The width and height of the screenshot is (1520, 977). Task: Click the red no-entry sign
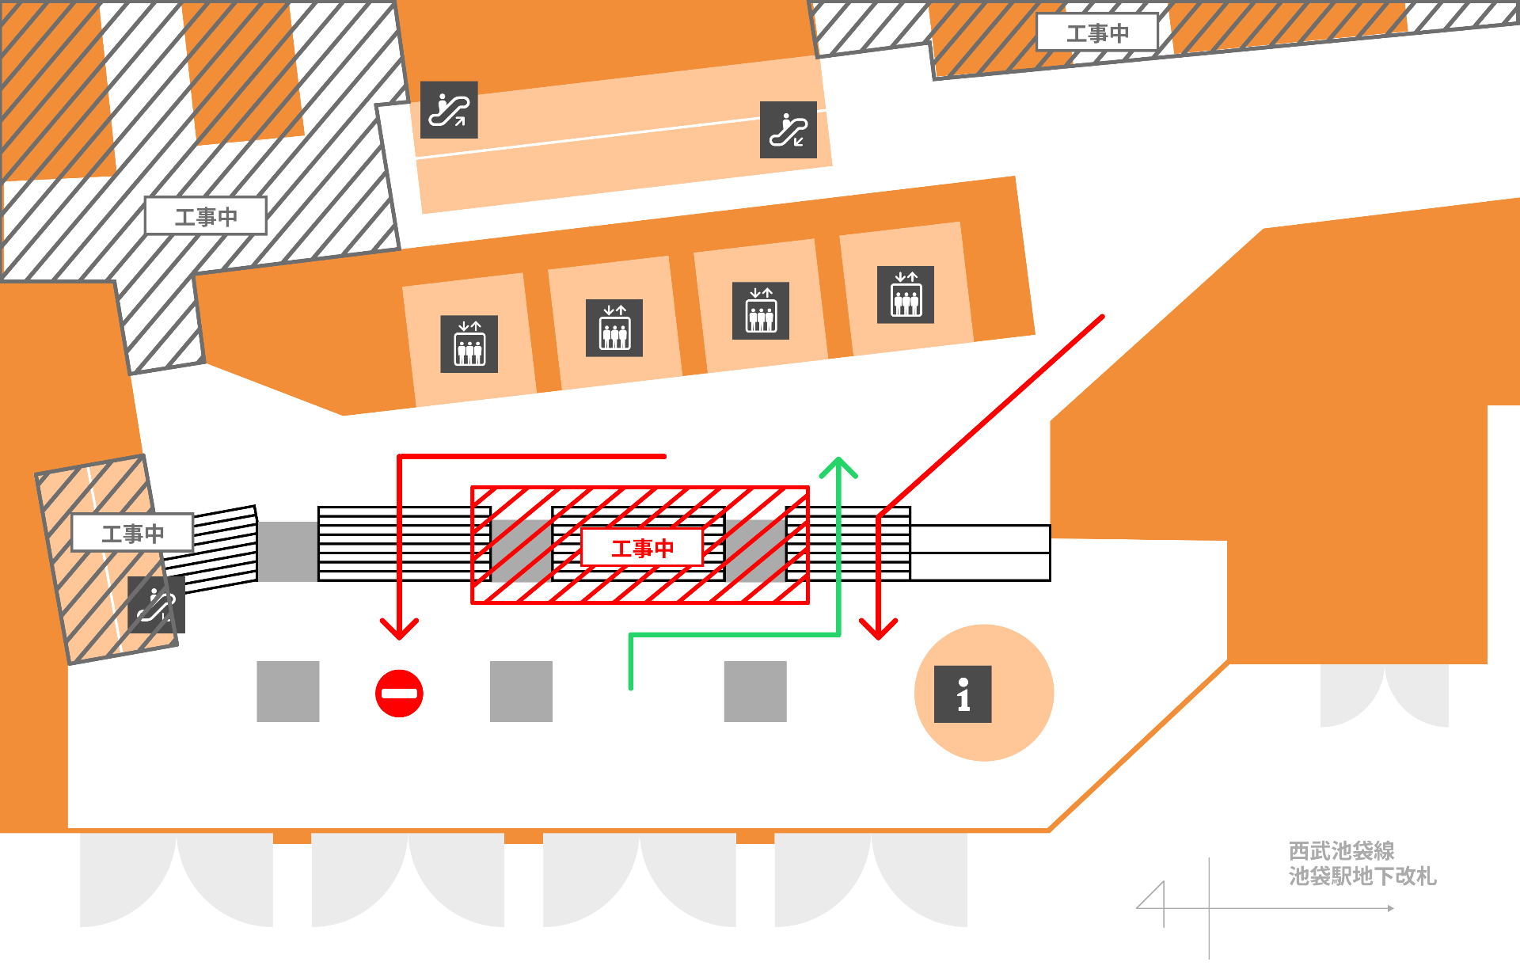399,694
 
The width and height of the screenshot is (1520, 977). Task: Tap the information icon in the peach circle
963,694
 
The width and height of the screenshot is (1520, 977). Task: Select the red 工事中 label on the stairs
642,547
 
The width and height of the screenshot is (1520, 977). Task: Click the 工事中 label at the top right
1097,33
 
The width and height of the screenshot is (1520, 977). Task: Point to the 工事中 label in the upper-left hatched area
206,216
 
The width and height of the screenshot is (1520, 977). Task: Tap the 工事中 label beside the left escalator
132,533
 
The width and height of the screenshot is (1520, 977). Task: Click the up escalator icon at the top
449,110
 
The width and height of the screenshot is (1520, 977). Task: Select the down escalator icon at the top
788,130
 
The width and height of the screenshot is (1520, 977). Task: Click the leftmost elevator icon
469,344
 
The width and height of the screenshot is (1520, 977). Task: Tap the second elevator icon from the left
614,328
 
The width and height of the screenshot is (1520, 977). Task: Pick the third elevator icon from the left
761,311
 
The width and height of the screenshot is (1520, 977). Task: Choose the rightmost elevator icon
906,295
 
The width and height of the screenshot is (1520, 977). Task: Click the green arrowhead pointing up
838,467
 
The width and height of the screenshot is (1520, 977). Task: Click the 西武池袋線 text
1342,851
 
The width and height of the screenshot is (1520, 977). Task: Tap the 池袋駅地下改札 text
1362,876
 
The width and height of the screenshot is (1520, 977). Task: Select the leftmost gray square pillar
288,691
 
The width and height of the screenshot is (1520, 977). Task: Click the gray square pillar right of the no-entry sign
521,691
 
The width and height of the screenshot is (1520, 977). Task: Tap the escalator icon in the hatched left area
157,605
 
